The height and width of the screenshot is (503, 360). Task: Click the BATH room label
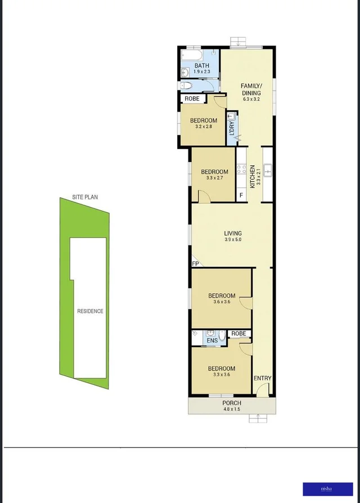tap(201, 65)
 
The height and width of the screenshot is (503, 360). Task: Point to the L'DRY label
tap(231, 128)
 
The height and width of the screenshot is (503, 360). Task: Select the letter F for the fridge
tap(241, 195)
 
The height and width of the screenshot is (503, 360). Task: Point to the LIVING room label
tap(233, 233)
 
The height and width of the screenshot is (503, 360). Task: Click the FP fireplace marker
tap(195, 263)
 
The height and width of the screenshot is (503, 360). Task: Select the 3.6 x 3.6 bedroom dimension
tap(222, 302)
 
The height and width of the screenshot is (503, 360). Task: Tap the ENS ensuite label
tap(211, 340)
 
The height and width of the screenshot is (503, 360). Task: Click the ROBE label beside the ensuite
tap(238, 334)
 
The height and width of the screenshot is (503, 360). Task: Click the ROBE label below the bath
tap(192, 99)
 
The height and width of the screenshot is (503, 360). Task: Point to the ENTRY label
tap(263, 378)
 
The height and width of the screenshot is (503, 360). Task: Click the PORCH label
tap(232, 403)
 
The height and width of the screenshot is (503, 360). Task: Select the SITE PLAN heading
tap(85, 197)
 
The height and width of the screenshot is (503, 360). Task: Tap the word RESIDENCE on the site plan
tap(90, 311)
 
